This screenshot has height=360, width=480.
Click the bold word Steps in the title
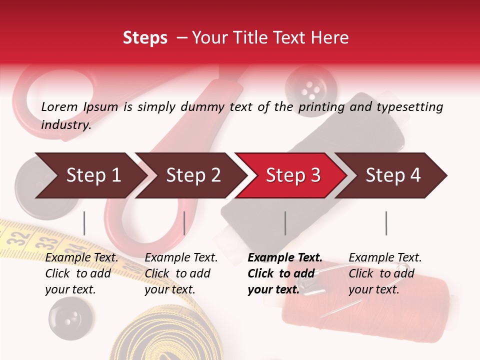(x=145, y=38)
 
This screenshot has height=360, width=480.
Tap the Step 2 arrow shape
(x=192, y=175)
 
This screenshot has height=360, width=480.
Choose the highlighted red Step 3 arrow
(x=292, y=175)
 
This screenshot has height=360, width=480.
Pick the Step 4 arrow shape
(x=392, y=175)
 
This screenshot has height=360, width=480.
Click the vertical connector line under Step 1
(x=84, y=223)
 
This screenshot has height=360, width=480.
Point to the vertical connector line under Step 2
(x=184, y=223)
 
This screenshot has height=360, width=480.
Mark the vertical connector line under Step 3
(x=285, y=223)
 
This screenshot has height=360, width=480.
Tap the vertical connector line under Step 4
(x=386, y=223)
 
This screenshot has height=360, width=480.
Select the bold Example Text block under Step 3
(x=285, y=273)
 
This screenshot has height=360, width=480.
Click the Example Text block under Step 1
(x=81, y=273)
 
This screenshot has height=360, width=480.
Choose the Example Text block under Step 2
(x=181, y=273)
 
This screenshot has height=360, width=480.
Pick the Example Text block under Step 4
(x=385, y=273)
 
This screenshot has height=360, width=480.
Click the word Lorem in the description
(x=59, y=107)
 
